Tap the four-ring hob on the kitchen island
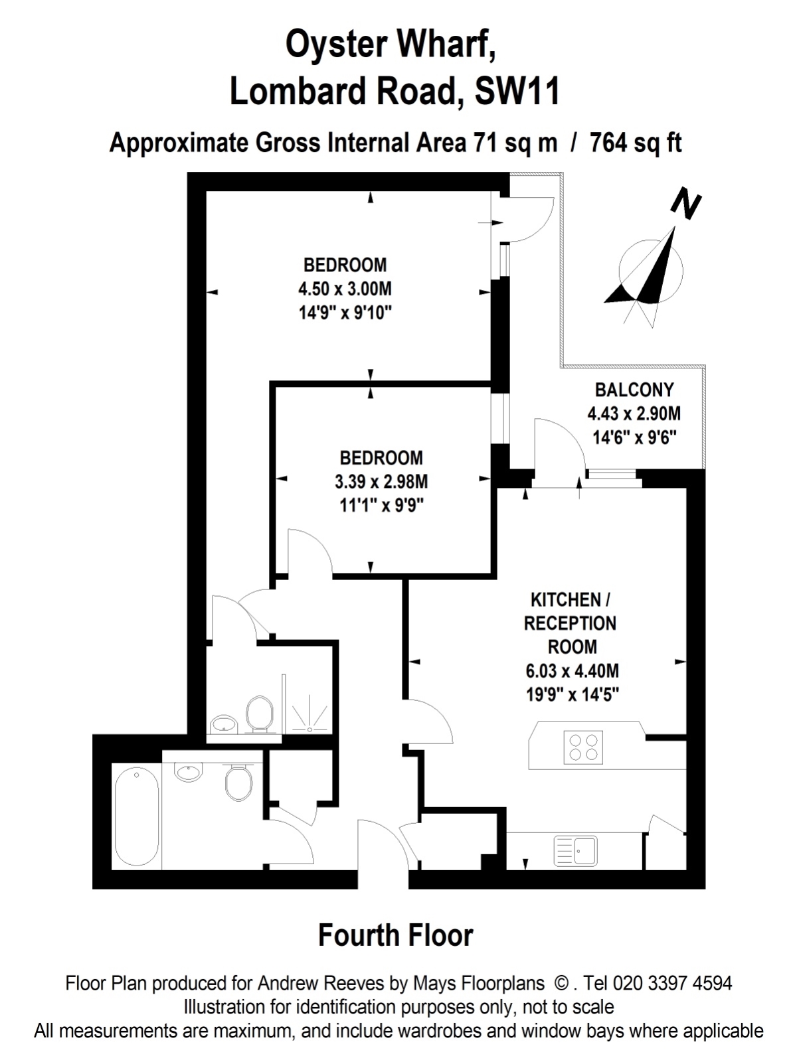click(583, 747)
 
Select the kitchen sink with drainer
click(576, 850)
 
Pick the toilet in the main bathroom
click(238, 782)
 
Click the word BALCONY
click(634, 390)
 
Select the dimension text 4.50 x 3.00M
click(345, 289)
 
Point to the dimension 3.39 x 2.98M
click(381, 481)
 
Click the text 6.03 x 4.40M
click(573, 670)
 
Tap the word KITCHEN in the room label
click(566, 600)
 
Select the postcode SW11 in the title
click(517, 91)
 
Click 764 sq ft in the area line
click(636, 143)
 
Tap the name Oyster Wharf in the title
click(391, 44)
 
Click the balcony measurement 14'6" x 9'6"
click(634, 437)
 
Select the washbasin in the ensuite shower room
click(224, 724)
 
